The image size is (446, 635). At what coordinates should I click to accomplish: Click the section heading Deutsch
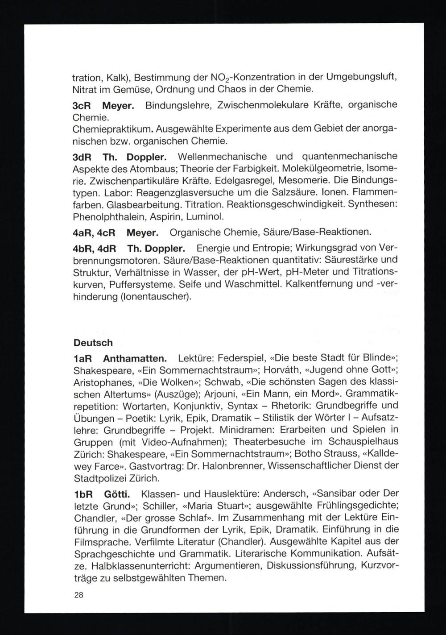[x=93, y=343]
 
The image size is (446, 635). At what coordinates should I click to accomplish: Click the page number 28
[x=78, y=595]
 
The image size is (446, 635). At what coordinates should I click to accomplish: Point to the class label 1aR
[x=83, y=358]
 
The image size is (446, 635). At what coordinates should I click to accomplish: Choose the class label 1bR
[x=83, y=494]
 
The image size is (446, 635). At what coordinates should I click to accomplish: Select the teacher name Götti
[x=117, y=494]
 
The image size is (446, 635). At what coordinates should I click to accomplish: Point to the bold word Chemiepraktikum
[x=113, y=130]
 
